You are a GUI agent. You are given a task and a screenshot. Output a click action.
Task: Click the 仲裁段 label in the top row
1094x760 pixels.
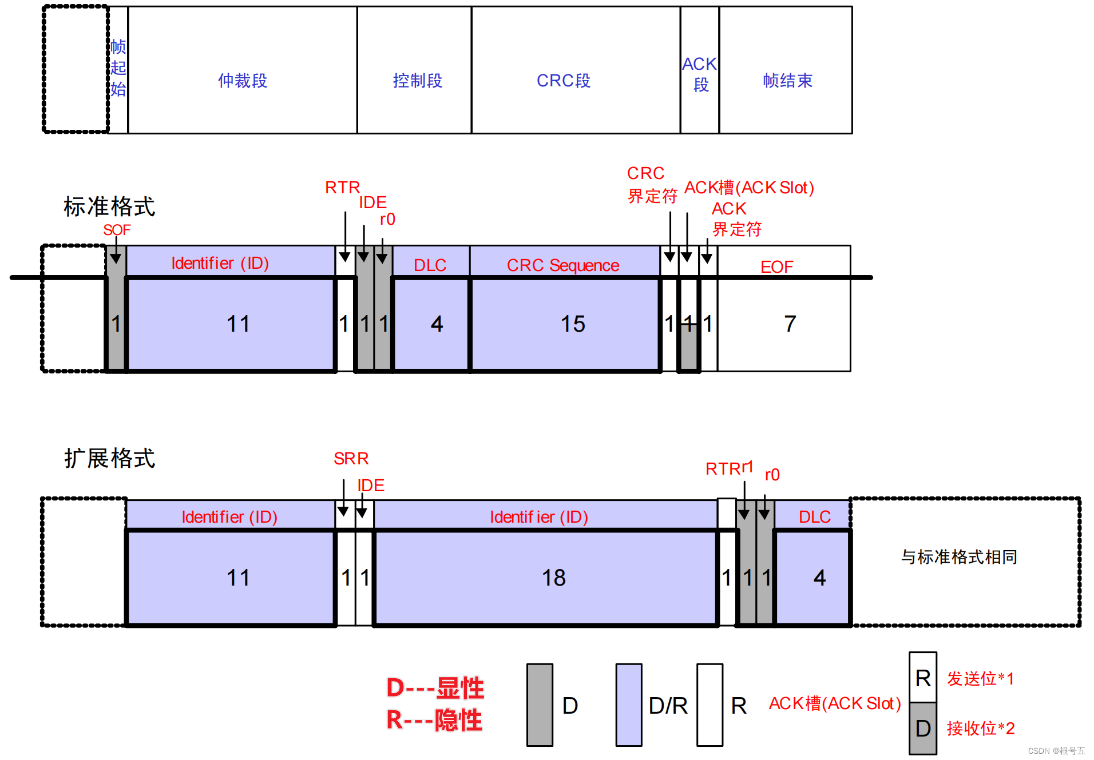tap(243, 81)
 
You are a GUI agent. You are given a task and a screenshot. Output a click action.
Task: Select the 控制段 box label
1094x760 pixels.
tap(417, 81)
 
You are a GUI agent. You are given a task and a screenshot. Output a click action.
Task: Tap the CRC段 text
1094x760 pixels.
tap(563, 81)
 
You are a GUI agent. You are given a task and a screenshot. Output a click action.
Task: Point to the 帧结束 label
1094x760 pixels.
tap(787, 81)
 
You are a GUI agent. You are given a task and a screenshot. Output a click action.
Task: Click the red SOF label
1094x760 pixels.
tap(117, 230)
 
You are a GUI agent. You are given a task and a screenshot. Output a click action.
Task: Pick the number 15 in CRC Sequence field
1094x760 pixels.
tap(572, 324)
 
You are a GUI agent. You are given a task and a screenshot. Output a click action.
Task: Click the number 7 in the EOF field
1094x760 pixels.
tap(790, 324)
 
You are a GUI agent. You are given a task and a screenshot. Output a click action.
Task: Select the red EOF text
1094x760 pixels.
tap(776, 267)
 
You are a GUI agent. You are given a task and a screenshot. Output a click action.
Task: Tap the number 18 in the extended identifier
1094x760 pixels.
tap(553, 578)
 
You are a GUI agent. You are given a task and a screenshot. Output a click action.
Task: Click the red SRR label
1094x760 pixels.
tap(351, 459)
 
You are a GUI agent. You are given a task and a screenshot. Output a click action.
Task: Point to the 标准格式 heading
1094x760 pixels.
tap(109, 206)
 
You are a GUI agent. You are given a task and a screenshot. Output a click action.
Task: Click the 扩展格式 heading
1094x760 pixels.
tap(109, 458)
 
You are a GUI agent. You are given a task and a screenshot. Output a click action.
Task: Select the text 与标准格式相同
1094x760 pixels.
tap(959, 557)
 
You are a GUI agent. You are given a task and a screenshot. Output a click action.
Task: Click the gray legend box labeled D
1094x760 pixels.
tap(540, 705)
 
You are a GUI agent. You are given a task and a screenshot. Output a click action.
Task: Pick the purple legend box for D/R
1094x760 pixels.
tap(628, 705)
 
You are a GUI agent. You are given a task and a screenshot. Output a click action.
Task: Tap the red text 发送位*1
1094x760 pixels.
tap(980, 679)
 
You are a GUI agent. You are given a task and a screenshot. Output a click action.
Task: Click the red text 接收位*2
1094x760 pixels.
tap(980, 729)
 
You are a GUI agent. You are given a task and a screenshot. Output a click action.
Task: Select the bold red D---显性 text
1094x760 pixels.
tap(435, 688)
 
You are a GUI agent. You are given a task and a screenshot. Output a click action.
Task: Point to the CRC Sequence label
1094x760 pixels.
tap(562, 265)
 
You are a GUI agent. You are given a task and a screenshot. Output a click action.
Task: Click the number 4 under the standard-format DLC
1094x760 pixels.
tap(437, 324)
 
